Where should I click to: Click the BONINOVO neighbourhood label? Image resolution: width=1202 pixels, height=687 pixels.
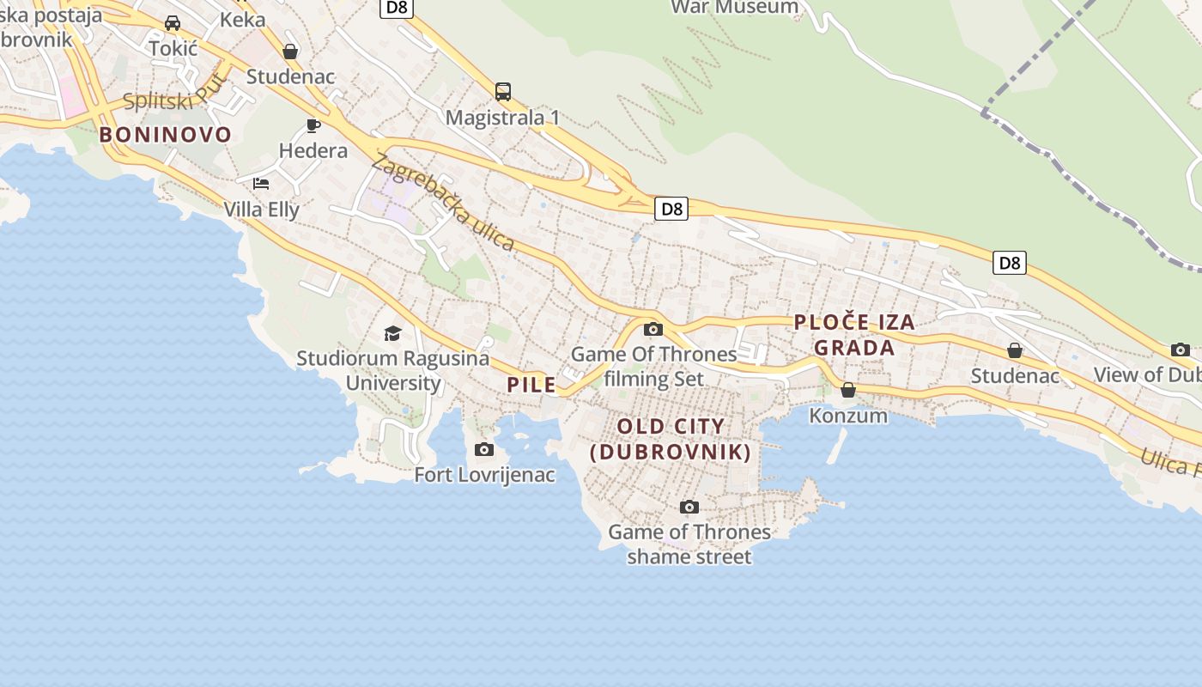(166, 135)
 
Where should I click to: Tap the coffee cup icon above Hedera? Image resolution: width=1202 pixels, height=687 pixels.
(313, 126)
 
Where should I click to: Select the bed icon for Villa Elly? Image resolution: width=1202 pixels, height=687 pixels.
(261, 184)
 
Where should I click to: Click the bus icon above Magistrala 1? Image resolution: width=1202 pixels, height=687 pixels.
(503, 91)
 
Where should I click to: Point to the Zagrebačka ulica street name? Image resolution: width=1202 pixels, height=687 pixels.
(443, 202)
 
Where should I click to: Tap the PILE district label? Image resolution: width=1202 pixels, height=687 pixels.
(531, 385)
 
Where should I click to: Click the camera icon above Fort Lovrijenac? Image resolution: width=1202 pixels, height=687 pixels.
(484, 449)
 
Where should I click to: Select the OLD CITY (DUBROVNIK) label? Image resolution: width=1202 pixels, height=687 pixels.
(671, 439)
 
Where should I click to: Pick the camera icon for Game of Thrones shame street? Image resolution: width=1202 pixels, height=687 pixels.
(689, 507)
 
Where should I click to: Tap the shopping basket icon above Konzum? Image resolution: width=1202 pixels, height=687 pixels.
(848, 390)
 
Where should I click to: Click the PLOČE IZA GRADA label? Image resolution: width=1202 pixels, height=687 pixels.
(854, 335)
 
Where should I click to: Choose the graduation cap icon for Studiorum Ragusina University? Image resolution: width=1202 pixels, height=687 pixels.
(392, 333)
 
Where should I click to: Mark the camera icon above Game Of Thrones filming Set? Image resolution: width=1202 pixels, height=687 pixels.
(653, 329)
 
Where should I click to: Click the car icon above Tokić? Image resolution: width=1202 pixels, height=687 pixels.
(173, 23)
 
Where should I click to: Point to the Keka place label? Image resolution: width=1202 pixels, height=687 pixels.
(243, 20)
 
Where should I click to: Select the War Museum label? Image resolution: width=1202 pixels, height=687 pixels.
(734, 8)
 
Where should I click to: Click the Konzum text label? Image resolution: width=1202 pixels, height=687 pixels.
(848, 416)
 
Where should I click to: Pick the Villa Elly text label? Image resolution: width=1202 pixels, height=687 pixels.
(261, 210)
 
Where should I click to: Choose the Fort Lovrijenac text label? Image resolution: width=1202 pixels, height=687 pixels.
(484, 475)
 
